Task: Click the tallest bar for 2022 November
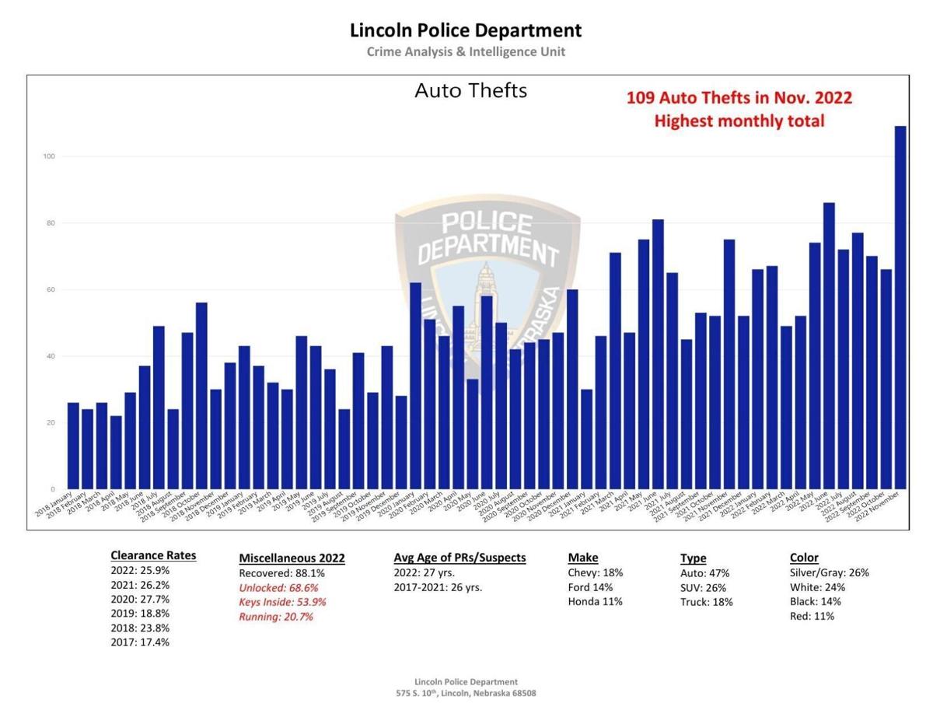tap(900, 311)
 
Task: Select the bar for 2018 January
tap(73, 446)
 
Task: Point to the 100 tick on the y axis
tap(48, 156)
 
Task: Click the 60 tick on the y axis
tap(51, 290)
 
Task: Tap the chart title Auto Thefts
tap(470, 91)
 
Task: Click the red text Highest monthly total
tap(739, 121)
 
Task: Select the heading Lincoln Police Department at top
tap(466, 31)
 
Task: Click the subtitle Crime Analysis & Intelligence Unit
tap(466, 52)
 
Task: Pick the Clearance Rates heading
tap(153, 555)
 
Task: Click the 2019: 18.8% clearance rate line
tap(140, 614)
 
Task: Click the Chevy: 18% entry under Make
tap(595, 572)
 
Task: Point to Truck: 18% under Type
tap(706, 602)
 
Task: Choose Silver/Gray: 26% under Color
tap(829, 572)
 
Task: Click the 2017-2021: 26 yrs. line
tap(438, 587)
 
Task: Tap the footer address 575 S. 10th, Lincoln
tap(466, 693)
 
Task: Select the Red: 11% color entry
tap(812, 616)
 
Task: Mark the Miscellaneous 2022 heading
tap(292, 558)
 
